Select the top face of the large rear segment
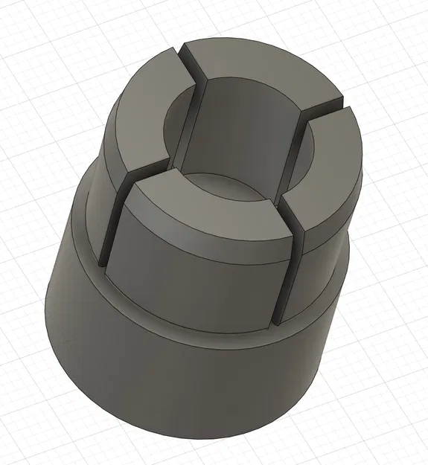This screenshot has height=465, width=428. click(x=261, y=71)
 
